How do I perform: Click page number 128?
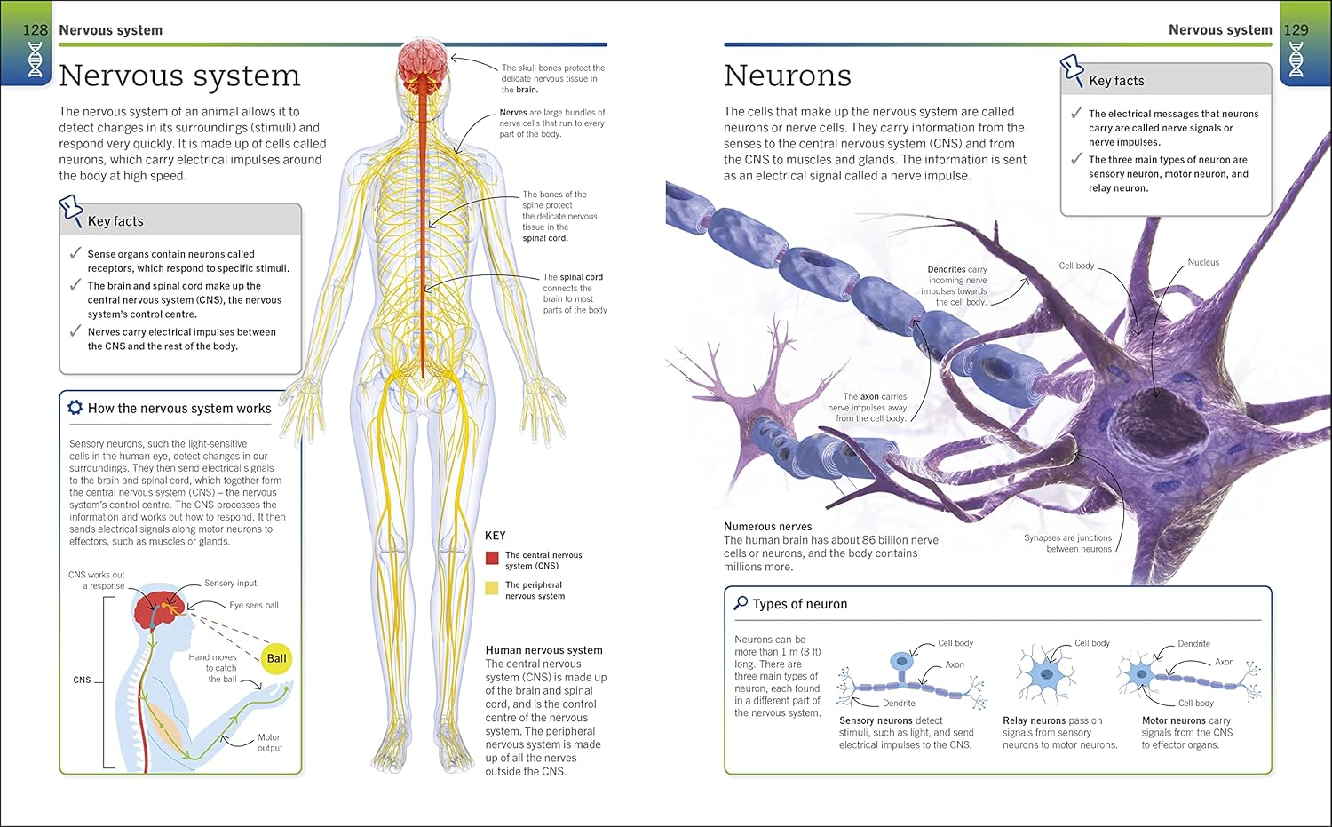point(35,30)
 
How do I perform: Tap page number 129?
point(1296,30)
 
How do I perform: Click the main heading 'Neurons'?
point(787,76)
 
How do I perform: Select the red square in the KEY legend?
point(492,558)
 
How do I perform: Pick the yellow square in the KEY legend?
point(492,588)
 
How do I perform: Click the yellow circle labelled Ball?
point(276,658)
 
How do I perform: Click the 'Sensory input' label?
point(230,584)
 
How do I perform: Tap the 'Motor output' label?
point(269,743)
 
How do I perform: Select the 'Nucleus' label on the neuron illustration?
point(1203,263)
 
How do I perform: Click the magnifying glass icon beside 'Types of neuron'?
point(741,603)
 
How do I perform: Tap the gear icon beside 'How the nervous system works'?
point(75,408)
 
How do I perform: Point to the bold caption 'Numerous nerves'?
point(767,527)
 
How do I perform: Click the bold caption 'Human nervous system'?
point(543,650)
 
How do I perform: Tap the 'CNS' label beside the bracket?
point(82,680)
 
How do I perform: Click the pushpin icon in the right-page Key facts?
point(1073,69)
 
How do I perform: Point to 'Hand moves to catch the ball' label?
point(213,668)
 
